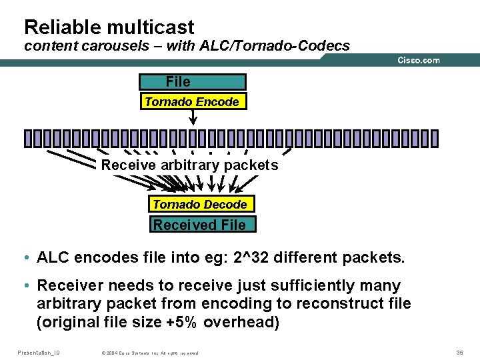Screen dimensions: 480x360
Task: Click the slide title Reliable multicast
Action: click(109, 27)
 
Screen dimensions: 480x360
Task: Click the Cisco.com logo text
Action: click(419, 60)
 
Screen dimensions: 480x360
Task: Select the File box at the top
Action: click(192, 82)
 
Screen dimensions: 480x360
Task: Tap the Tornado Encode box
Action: click(192, 102)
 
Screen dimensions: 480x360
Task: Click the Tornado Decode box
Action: click(199, 204)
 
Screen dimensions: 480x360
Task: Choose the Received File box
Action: click(199, 225)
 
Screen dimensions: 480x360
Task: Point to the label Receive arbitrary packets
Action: click(189, 165)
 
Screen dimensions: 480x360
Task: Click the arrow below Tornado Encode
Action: click(193, 117)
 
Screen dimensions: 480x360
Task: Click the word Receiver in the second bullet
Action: click(70, 285)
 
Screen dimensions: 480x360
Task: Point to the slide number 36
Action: click(459, 352)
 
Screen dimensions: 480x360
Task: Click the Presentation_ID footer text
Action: click(38, 352)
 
